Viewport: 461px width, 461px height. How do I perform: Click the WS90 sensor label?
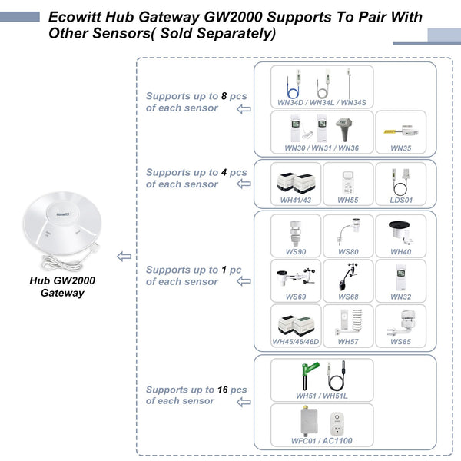(296, 252)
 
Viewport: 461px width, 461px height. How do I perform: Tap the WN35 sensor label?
(400, 148)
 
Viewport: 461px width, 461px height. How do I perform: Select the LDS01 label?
(401, 200)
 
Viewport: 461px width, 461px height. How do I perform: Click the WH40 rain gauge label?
(401, 252)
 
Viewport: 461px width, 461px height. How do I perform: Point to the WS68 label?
(348, 297)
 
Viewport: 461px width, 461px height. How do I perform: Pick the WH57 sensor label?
(348, 341)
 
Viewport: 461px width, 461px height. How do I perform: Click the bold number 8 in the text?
(224, 96)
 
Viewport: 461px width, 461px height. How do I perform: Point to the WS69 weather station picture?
(296, 277)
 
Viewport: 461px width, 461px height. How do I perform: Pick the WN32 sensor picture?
(401, 277)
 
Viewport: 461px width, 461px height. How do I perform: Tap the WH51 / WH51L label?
(321, 396)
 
